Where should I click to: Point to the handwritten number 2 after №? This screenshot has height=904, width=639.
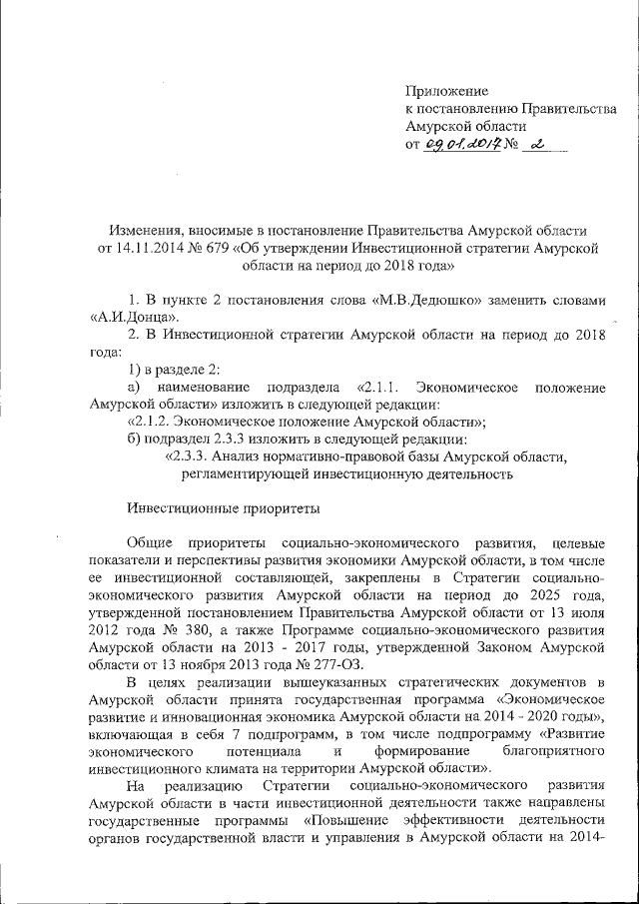tap(538, 145)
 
